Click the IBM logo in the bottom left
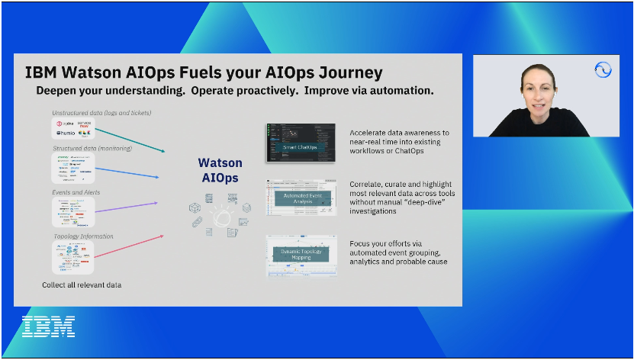coord(48,326)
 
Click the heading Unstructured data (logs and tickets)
coord(101,113)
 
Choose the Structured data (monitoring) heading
coord(92,148)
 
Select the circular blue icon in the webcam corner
coord(603,70)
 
